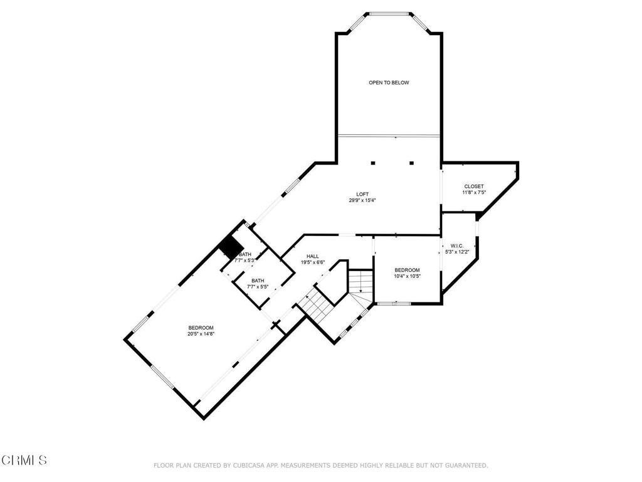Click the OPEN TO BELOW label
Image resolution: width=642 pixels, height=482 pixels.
pos(389,82)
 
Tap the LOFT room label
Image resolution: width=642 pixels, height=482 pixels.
pos(362,194)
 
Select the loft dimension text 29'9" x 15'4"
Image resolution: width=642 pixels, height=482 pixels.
pos(362,201)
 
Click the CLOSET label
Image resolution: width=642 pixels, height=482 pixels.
pos(473,186)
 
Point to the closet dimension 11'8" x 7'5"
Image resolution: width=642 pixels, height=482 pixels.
pos(473,193)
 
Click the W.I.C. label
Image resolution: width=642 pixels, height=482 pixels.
pos(456,245)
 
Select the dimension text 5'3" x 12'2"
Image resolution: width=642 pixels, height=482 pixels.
pos(456,252)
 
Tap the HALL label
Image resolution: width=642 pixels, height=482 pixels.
pos(312,256)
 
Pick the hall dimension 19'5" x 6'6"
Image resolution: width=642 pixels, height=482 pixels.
pos(312,262)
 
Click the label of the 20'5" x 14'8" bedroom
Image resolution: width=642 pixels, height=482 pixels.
pos(201,328)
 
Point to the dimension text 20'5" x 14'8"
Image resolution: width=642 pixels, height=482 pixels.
pos(201,334)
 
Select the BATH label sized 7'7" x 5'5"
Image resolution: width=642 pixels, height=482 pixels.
pos(258,281)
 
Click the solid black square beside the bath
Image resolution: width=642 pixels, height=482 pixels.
pos(231,247)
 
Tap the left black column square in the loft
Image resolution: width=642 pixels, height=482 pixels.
pos(373,163)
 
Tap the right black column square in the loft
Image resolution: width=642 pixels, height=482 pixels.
pos(412,163)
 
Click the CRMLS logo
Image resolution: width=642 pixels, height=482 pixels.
pos(24,460)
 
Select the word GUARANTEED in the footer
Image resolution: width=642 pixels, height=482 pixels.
pos(466,465)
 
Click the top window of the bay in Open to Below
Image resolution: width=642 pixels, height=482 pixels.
pos(389,13)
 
